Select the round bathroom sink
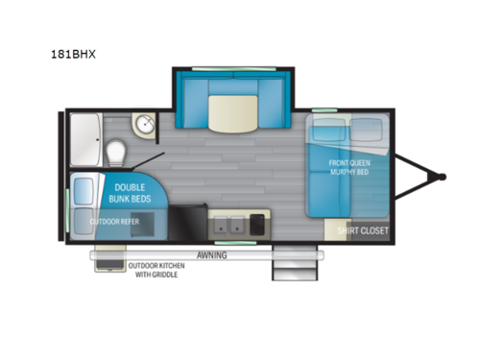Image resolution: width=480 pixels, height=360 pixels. point(146,124)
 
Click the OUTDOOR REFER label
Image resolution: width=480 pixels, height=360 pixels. point(113,222)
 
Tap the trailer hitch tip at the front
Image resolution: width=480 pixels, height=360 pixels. point(443,176)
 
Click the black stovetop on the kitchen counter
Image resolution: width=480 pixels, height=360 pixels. point(258,225)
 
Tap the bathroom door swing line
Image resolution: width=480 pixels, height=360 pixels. point(151,160)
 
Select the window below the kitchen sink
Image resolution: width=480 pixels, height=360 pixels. point(230,243)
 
